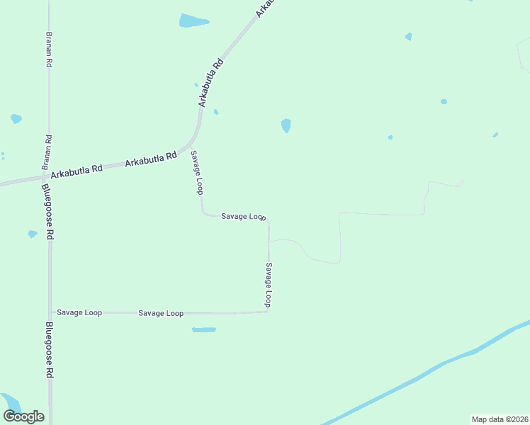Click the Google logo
pyautogui.click(x=23, y=416)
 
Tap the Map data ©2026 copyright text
pyautogui.click(x=500, y=419)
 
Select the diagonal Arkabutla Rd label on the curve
pyautogui.click(x=211, y=82)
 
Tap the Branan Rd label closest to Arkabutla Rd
pyautogui.click(x=48, y=151)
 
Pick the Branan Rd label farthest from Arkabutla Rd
pyautogui.click(x=49, y=49)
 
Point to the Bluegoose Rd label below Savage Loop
pyautogui.click(x=50, y=350)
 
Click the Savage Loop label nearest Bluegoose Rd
pyautogui.click(x=79, y=312)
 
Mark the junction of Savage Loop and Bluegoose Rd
pyautogui.click(x=50, y=312)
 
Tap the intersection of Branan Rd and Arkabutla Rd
pyautogui.click(x=47, y=175)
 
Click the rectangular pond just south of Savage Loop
pyautogui.click(x=204, y=329)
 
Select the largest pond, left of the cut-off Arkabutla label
pyautogui.click(x=193, y=21)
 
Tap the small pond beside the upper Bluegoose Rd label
pyautogui.click(x=32, y=234)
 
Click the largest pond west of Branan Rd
pyautogui.click(x=16, y=118)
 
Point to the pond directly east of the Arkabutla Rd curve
pyautogui.click(x=286, y=125)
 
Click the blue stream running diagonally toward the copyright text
pyautogui.click(x=425, y=372)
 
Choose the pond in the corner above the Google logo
pyautogui.click(x=9, y=401)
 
